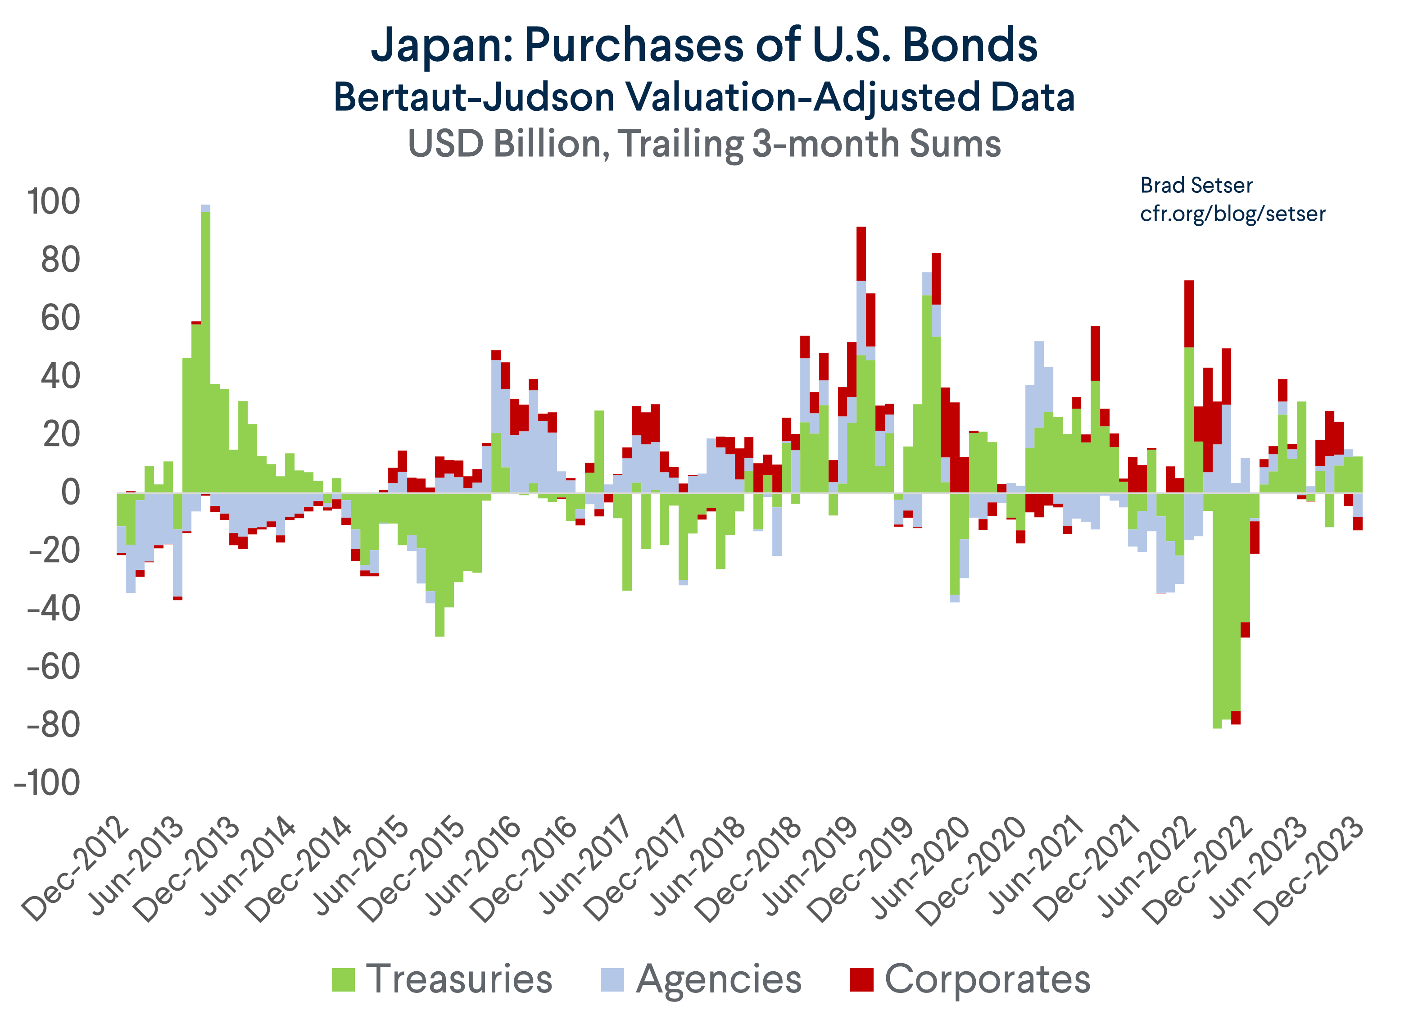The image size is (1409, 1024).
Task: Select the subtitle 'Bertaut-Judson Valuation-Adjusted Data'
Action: [x=704, y=98]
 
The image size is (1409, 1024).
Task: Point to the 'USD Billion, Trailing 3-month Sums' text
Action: [x=704, y=144]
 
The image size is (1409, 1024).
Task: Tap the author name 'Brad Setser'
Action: [x=1196, y=185]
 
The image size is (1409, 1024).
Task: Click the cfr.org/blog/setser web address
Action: [x=1232, y=214]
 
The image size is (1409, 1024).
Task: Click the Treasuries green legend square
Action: [x=343, y=980]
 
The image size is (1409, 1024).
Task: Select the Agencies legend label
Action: [x=719, y=980]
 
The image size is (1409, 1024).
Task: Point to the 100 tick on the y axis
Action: [x=54, y=202]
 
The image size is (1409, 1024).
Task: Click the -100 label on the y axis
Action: [x=47, y=783]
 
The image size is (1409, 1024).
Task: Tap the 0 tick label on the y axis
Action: [x=70, y=493]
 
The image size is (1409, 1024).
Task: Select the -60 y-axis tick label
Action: [x=54, y=667]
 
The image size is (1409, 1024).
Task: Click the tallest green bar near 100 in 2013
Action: [x=206, y=348]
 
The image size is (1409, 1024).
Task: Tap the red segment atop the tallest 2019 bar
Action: [x=861, y=254]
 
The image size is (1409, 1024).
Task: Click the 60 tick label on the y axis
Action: [x=60, y=318]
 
